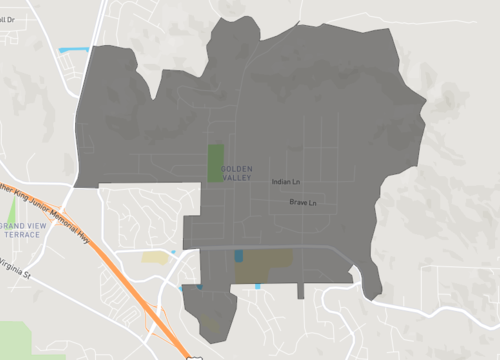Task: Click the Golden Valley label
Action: pyautogui.click(x=237, y=171)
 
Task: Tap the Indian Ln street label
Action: pyautogui.click(x=286, y=182)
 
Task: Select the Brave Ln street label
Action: pyautogui.click(x=303, y=203)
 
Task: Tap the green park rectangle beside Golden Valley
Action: pyautogui.click(x=215, y=162)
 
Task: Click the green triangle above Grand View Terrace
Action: pyautogui.click(x=12, y=211)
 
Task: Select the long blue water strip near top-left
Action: pyautogui.click(x=74, y=49)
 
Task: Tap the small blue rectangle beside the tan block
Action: pyautogui.click(x=239, y=256)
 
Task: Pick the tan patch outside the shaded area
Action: pyautogui.click(x=155, y=257)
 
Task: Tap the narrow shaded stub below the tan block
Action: pyautogui.click(x=300, y=291)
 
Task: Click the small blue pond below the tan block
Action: pyautogui.click(x=258, y=287)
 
